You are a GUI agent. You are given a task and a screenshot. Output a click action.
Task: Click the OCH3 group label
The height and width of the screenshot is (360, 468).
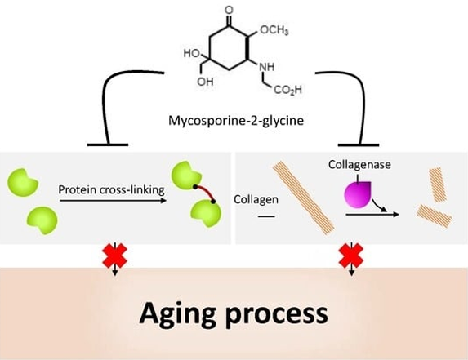tap(274, 30)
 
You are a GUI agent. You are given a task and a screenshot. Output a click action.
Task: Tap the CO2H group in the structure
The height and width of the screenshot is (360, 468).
tap(287, 90)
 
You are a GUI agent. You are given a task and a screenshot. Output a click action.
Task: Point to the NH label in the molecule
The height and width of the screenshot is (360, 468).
tap(267, 67)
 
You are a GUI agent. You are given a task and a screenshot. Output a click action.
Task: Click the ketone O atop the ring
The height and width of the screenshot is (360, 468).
tap(229, 11)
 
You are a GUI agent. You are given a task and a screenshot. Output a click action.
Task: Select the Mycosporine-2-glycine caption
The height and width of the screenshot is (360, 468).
tap(236, 121)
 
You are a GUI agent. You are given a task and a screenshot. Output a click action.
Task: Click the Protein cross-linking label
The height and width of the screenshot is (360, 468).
tap(111, 189)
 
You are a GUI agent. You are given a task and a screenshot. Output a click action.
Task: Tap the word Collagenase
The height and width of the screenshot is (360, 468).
tap(359, 164)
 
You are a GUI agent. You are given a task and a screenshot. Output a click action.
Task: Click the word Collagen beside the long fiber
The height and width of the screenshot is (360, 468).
tap(256, 199)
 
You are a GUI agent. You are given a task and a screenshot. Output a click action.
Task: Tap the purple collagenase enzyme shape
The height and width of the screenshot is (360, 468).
tap(358, 194)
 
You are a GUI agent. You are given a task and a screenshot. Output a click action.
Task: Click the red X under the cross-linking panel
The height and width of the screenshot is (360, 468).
tap(115, 256)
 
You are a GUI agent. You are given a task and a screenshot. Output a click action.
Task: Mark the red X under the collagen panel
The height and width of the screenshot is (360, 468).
tap(351, 256)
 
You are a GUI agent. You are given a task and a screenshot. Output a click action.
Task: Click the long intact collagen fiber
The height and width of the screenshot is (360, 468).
tap(303, 198)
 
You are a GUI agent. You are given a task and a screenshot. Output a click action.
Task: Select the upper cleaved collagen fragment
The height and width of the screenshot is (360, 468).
tap(438, 184)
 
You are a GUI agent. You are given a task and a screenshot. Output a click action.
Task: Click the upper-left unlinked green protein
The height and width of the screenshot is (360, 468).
tap(22, 182)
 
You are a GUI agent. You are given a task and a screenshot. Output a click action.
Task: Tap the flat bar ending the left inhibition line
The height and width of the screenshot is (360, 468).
tap(108, 145)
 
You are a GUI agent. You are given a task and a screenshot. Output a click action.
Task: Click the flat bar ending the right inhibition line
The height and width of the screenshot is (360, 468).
tap(359, 145)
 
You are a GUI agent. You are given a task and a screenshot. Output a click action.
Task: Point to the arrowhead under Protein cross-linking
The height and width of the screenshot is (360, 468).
tap(163, 201)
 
